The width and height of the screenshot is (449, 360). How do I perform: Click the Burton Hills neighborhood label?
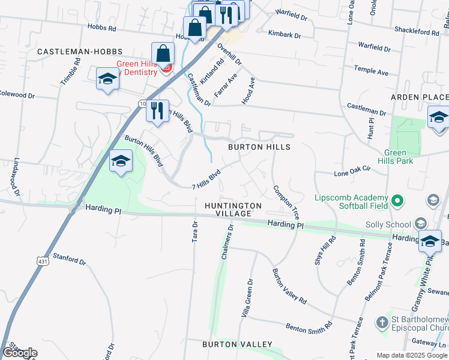pos(259,147)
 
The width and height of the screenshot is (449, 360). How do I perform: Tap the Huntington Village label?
pos(233,210)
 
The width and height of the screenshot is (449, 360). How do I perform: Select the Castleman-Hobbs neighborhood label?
pos(80,52)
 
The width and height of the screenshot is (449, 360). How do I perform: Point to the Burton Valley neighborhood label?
pos(229,344)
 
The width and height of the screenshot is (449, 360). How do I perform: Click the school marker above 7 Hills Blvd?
pos(121,161)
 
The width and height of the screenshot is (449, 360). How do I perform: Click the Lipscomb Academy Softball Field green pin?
pos(397,199)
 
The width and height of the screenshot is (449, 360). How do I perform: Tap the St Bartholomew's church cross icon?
pos(383,323)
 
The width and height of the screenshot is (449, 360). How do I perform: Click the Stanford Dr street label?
pos(70,260)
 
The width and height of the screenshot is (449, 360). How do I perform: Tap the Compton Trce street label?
pos(286,202)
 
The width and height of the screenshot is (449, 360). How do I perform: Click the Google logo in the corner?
pos(20,353)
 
